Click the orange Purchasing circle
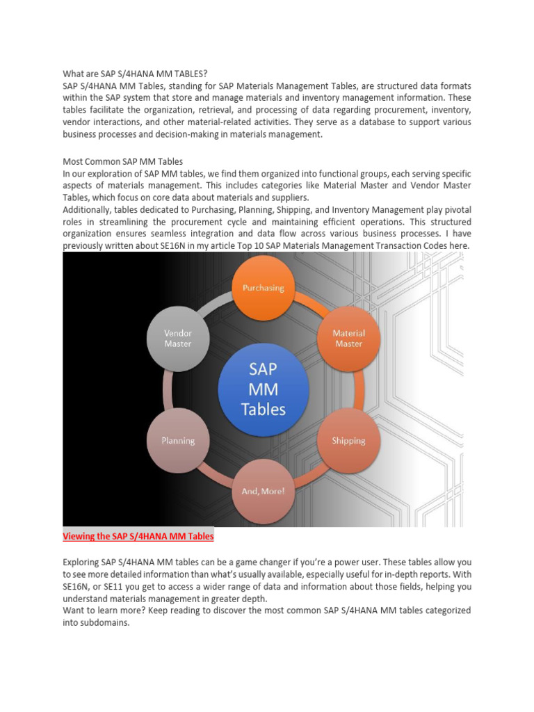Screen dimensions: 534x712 click(x=263, y=287)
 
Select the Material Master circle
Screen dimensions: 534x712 click(x=348, y=338)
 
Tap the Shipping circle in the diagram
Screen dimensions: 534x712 click(x=348, y=441)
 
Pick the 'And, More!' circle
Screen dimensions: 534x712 click(x=263, y=491)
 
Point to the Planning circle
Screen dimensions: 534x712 click(x=178, y=441)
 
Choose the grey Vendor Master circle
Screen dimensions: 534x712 click(x=178, y=338)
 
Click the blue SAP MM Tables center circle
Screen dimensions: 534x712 click(x=263, y=389)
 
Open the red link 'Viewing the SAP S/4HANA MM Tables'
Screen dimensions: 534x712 click(x=138, y=536)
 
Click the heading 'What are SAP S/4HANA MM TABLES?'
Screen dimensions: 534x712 click(x=135, y=74)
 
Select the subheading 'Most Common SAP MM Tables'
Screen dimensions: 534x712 click(x=123, y=161)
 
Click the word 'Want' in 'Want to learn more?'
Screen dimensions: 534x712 click(x=74, y=610)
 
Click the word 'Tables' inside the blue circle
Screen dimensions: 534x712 click(x=263, y=410)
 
